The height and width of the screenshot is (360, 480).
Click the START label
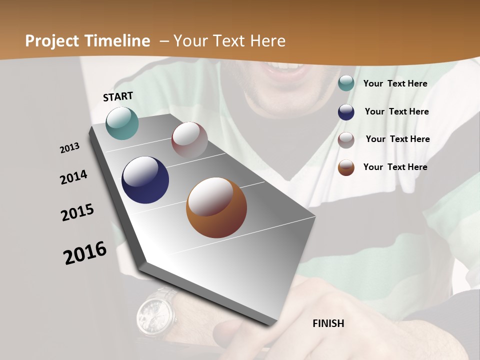point(118,96)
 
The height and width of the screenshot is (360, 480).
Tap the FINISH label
point(328,323)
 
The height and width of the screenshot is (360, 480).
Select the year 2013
point(69,148)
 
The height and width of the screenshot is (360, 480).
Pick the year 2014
point(73,177)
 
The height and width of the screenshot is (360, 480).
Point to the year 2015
point(77,212)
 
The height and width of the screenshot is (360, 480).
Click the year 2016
point(85,252)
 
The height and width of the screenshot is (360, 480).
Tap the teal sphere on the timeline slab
point(122,123)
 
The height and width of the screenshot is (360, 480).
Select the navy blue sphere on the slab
point(145,180)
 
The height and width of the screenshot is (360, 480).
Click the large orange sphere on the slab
point(216,207)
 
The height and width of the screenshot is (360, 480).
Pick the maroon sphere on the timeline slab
point(189,140)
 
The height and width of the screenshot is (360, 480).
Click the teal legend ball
point(346,83)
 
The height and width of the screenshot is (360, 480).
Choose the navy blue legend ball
point(346,112)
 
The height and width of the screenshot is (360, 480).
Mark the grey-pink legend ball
point(346,140)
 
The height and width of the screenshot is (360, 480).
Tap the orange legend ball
point(346,167)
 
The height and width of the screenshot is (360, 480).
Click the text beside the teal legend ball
point(395,83)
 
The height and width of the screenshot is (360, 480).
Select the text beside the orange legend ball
point(395,167)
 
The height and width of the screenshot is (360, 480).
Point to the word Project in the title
point(51,41)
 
